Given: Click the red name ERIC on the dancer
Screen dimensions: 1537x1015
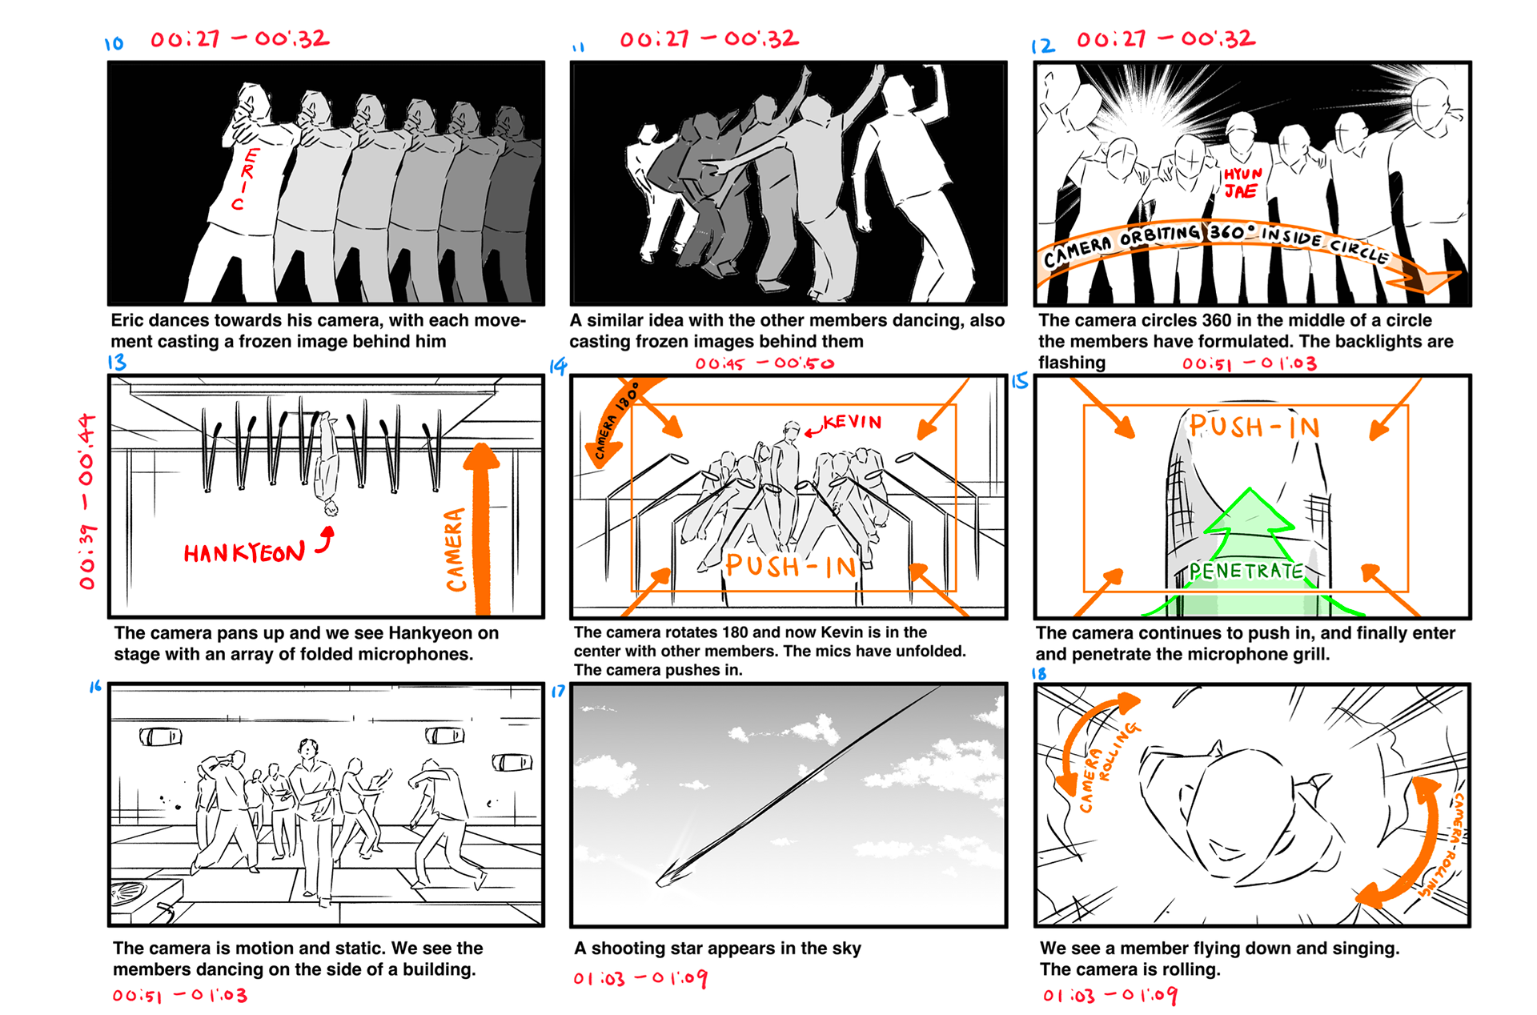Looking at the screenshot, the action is [244, 179].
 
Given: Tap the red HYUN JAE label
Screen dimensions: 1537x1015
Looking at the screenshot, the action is [1242, 183].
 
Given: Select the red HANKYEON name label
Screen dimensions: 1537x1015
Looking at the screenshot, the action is [244, 552].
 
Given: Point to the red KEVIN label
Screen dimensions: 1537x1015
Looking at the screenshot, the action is [852, 421].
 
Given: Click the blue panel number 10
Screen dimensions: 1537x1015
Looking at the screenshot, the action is [114, 43].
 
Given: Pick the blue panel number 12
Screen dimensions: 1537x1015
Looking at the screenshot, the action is [1043, 46].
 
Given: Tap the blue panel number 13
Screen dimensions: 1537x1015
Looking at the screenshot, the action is [117, 362].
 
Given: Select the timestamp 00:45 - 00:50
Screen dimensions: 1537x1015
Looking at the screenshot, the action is [764, 363].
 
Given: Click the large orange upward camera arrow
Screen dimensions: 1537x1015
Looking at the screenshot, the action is [481, 528].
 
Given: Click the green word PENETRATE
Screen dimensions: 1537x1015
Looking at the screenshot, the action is [1246, 571].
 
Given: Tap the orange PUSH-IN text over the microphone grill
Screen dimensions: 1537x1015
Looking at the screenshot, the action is [1254, 427].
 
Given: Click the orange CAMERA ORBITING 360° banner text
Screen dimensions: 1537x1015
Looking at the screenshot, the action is [1215, 241].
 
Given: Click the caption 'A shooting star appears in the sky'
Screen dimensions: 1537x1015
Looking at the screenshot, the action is [717, 949].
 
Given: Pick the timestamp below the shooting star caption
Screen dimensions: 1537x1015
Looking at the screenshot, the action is [640, 978].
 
